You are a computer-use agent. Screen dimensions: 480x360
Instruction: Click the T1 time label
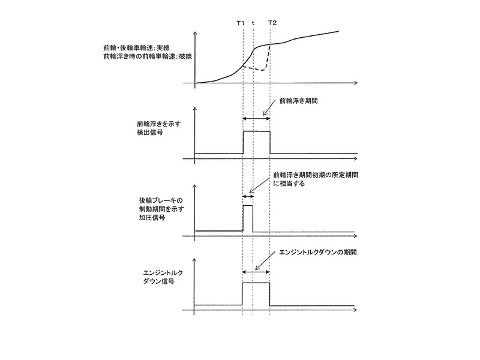tap(241, 23)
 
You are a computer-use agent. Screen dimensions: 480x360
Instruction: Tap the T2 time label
tap(272, 23)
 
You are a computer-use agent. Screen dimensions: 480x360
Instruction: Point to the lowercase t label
tap(253, 23)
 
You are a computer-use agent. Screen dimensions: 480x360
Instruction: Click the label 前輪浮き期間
tap(298, 101)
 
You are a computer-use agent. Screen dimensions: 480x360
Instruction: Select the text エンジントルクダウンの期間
tap(318, 253)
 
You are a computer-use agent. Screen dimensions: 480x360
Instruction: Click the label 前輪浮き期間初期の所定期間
tap(316, 175)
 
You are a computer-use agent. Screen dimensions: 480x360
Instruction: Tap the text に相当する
tap(289, 184)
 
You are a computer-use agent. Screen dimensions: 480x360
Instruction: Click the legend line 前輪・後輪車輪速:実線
tap(137, 48)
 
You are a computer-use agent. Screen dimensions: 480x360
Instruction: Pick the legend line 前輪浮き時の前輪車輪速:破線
tap(148, 56)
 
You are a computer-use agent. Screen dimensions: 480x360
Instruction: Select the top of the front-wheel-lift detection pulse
tap(257, 131)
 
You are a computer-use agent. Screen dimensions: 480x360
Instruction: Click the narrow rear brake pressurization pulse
tap(248, 218)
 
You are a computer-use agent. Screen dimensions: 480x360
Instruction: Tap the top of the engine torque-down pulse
tap(256, 283)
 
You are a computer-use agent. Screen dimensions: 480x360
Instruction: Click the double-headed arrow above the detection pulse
tap(256, 118)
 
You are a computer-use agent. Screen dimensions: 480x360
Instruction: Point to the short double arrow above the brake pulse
tap(248, 196)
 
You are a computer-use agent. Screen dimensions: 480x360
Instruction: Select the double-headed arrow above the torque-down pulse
tap(256, 272)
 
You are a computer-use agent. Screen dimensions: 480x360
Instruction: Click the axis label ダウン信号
tap(159, 281)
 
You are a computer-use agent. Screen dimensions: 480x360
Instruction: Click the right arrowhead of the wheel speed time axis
tap(355, 83)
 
